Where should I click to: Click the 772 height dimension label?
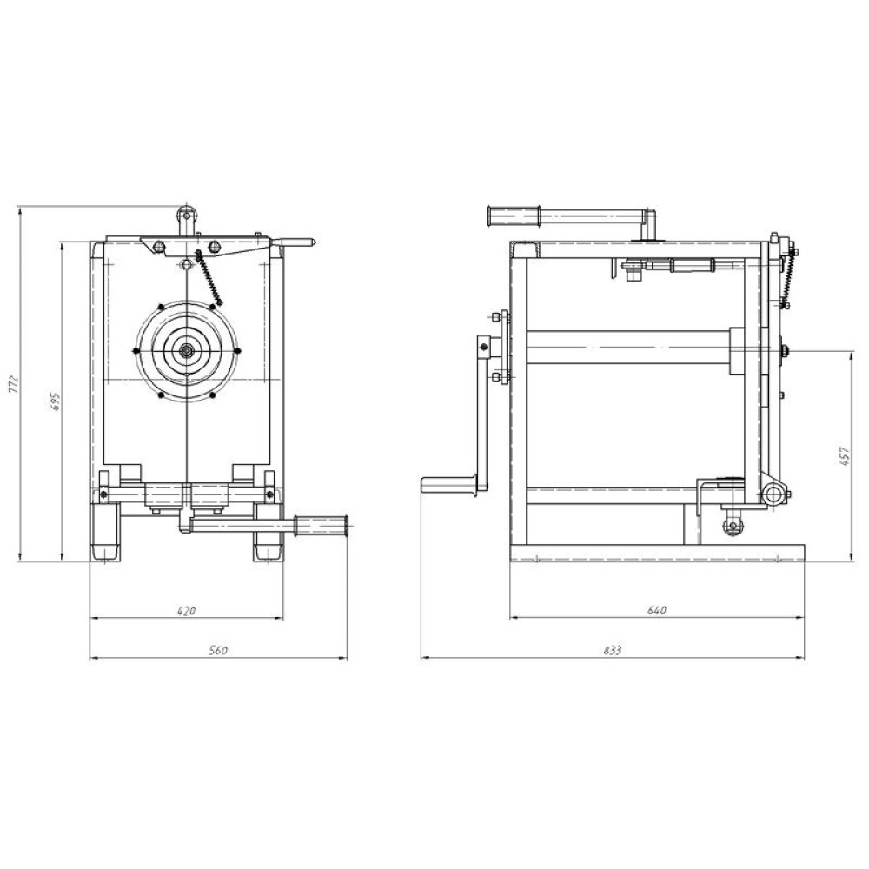tap(14, 385)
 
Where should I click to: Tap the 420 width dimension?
tap(186, 611)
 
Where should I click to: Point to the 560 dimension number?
tap(218, 650)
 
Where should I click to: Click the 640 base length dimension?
tap(657, 610)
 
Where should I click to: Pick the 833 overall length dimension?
tap(612, 650)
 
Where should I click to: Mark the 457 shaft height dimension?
tap(845, 455)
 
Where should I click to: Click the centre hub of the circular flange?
tap(187, 349)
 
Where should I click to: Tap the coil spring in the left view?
tap(209, 277)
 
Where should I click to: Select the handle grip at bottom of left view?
tap(322, 526)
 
